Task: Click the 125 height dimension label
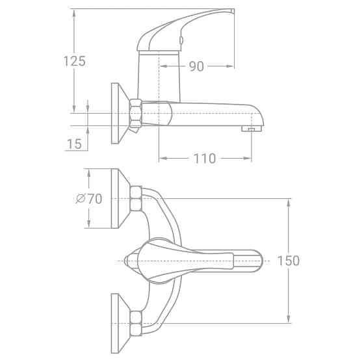pos(74,62)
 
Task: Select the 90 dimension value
pos(197,66)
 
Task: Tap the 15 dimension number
pos(74,144)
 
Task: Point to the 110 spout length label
pos(205,159)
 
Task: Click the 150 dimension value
pos(288,261)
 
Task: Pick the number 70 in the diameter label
pos(95,200)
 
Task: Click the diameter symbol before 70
pos(81,200)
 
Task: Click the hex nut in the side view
pos(135,114)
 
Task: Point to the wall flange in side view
pos(117,114)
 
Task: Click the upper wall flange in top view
pos(117,198)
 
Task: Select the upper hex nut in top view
pos(136,198)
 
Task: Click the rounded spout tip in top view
pos(258,261)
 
